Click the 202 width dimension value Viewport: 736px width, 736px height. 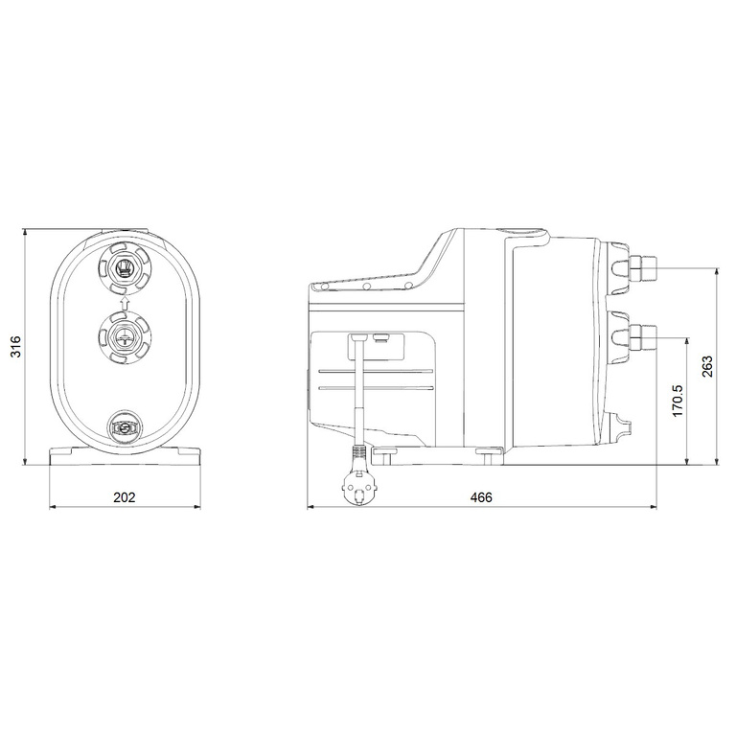click(x=124, y=497)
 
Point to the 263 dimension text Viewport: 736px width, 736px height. click(x=708, y=369)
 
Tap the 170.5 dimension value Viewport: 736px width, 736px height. click(x=677, y=401)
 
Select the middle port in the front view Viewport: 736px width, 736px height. click(x=123, y=335)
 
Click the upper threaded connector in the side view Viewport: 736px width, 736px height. click(x=641, y=267)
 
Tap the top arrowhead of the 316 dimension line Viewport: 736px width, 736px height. click(x=26, y=234)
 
